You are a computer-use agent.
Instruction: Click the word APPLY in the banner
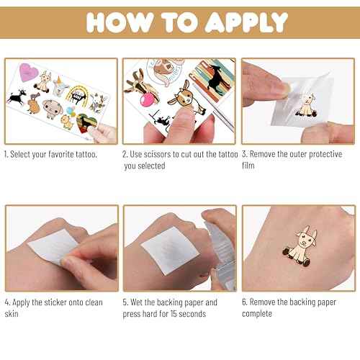coord(246,22)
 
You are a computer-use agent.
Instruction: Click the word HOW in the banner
coord(120,22)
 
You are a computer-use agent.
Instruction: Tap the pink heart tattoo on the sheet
coord(29,72)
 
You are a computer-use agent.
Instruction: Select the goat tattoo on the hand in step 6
coord(300,246)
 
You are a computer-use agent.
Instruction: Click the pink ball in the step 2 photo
coord(148,99)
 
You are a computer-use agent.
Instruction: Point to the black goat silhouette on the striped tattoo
coord(218,78)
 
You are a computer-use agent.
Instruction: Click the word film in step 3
coord(248,166)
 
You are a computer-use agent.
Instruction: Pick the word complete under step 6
coord(257,314)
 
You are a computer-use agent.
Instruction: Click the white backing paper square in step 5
coord(170,251)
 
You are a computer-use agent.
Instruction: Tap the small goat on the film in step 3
coord(306,106)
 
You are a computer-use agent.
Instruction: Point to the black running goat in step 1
coord(17,96)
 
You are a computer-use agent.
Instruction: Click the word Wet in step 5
coord(137,302)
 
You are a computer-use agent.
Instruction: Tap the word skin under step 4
coord(12,314)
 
